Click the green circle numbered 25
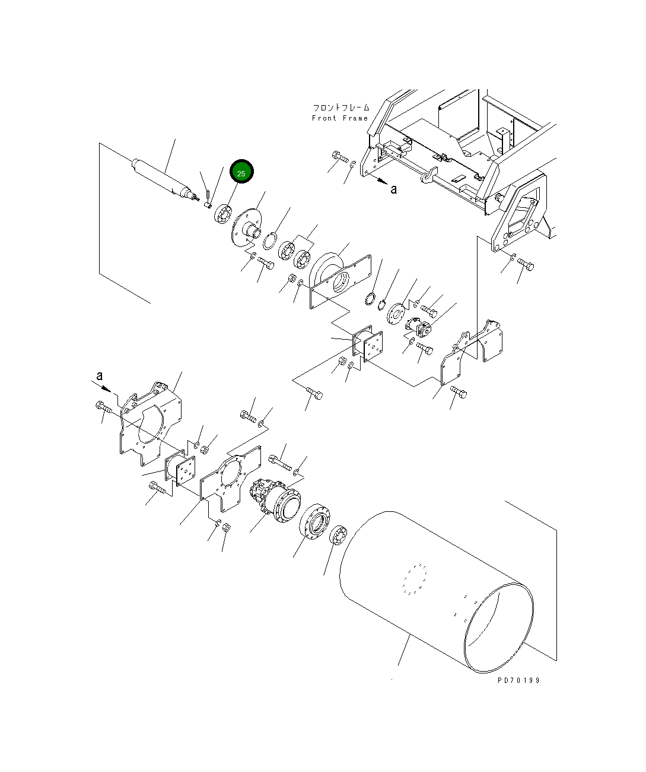click(x=241, y=173)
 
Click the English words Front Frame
click(x=340, y=118)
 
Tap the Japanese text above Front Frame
click(x=341, y=107)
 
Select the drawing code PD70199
click(x=518, y=681)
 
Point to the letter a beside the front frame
click(x=393, y=189)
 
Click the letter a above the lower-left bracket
click(x=100, y=376)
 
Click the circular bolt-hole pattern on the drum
click(x=415, y=579)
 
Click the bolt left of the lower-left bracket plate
click(x=102, y=407)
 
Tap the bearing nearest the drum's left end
click(x=339, y=537)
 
